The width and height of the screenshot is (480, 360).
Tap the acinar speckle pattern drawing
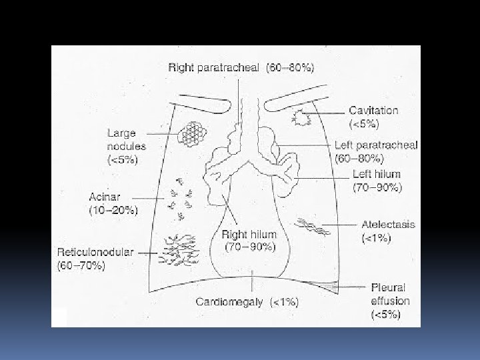(x=181, y=196)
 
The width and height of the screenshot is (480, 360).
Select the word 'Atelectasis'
(x=388, y=224)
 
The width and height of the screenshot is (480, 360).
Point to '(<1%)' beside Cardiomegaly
(x=283, y=302)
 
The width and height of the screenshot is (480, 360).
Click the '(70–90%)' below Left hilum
(x=377, y=187)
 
